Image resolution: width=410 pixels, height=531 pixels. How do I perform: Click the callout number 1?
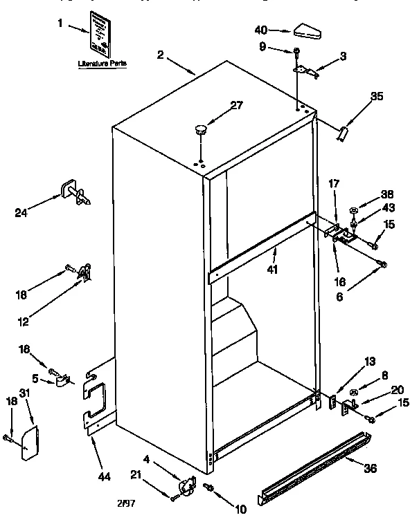(x=60, y=24)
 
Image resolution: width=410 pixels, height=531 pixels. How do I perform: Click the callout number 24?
(x=22, y=212)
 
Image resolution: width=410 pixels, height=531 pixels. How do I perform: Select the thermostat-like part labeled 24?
(x=73, y=194)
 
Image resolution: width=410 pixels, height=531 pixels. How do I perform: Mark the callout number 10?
(x=241, y=510)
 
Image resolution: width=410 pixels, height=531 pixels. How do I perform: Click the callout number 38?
(x=386, y=194)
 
